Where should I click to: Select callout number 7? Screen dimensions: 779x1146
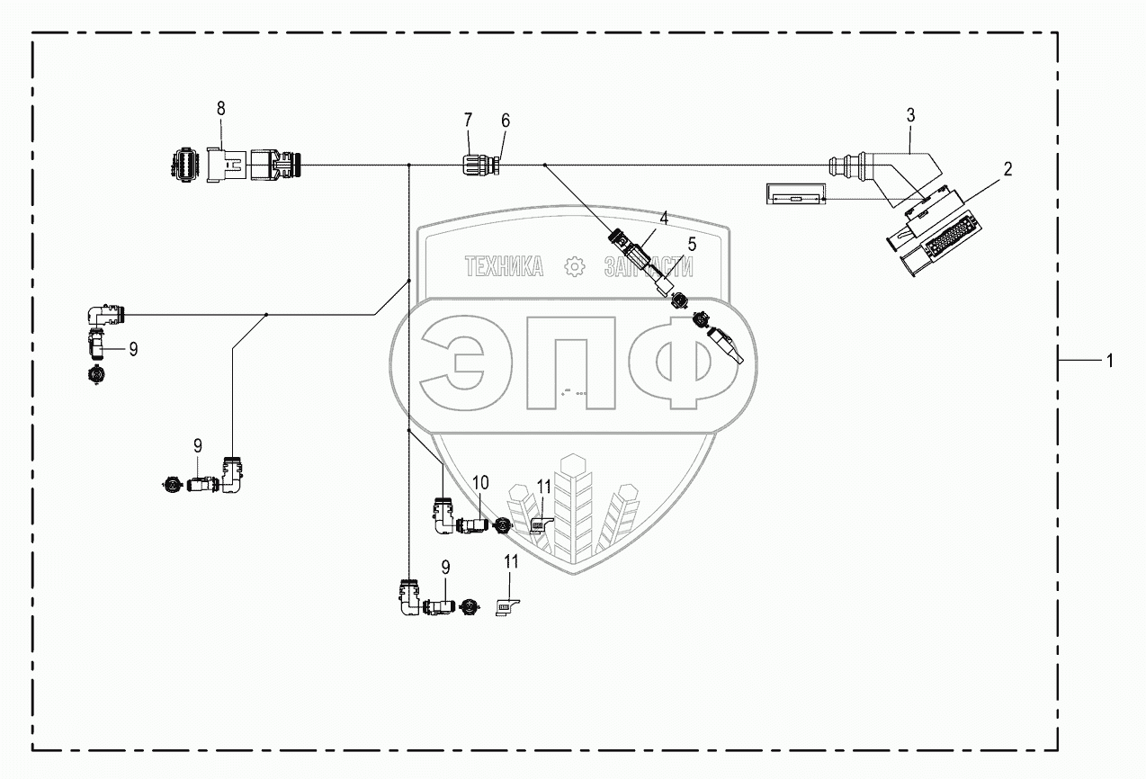click(468, 120)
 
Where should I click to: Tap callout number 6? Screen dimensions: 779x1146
click(505, 121)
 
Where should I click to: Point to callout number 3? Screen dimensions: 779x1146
click(910, 114)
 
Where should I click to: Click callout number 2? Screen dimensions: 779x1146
click(1007, 168)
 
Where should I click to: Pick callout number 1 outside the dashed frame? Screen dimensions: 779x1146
click(1109, 360)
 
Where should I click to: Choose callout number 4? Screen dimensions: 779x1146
click(664, 218)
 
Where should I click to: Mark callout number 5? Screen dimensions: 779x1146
click(692, 243)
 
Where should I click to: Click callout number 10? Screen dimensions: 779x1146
click(480, 482)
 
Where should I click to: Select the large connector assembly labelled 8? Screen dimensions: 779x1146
click(236, 165)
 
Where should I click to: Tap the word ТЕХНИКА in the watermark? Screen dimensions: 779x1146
click(504, 266)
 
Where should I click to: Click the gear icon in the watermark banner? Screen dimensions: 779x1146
click(572, 266)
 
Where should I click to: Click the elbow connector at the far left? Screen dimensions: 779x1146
click(103, 316)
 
